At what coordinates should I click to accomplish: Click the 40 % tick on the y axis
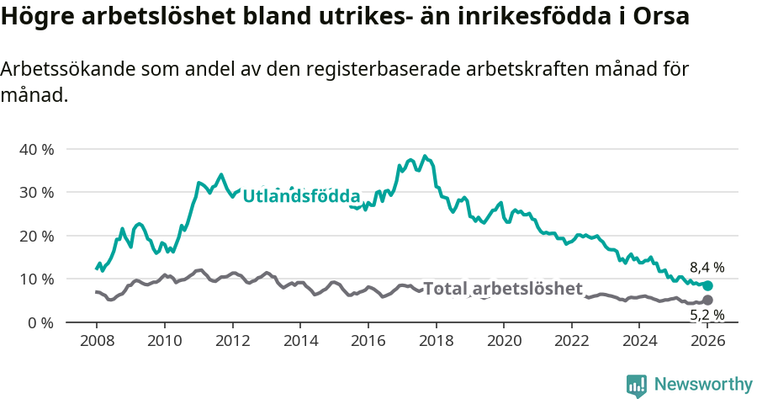[x=35, y=149]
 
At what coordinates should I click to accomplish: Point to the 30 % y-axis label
[x=35, y=192]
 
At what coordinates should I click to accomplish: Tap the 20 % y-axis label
[x=35, y=236]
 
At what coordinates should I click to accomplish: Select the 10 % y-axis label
[x=35, y=279]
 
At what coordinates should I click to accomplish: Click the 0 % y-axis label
[x=40, y=322]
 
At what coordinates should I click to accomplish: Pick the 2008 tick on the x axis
[x=96, y=342]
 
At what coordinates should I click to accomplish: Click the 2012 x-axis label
[x=231, y=342]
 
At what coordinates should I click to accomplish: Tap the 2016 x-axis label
[x=368, y=342]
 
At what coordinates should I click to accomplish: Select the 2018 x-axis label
[x=436, y=342]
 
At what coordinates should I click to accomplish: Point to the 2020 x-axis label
[x=504, y=342]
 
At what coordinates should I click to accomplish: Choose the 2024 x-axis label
[x=639, y=342]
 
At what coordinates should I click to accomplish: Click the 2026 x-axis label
[x=707, y=342]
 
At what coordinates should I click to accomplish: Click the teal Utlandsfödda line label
[x=301, y=195]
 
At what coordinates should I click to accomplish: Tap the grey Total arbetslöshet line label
[x=502, y=289]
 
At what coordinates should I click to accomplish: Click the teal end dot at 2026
[x=707, y=286]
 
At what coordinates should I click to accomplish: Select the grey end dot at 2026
[x=707, y=300]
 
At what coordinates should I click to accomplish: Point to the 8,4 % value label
[x=707, y=268]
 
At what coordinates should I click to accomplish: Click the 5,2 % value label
[x=707, y=316]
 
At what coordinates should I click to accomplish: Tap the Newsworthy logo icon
[x=637, y=386]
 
